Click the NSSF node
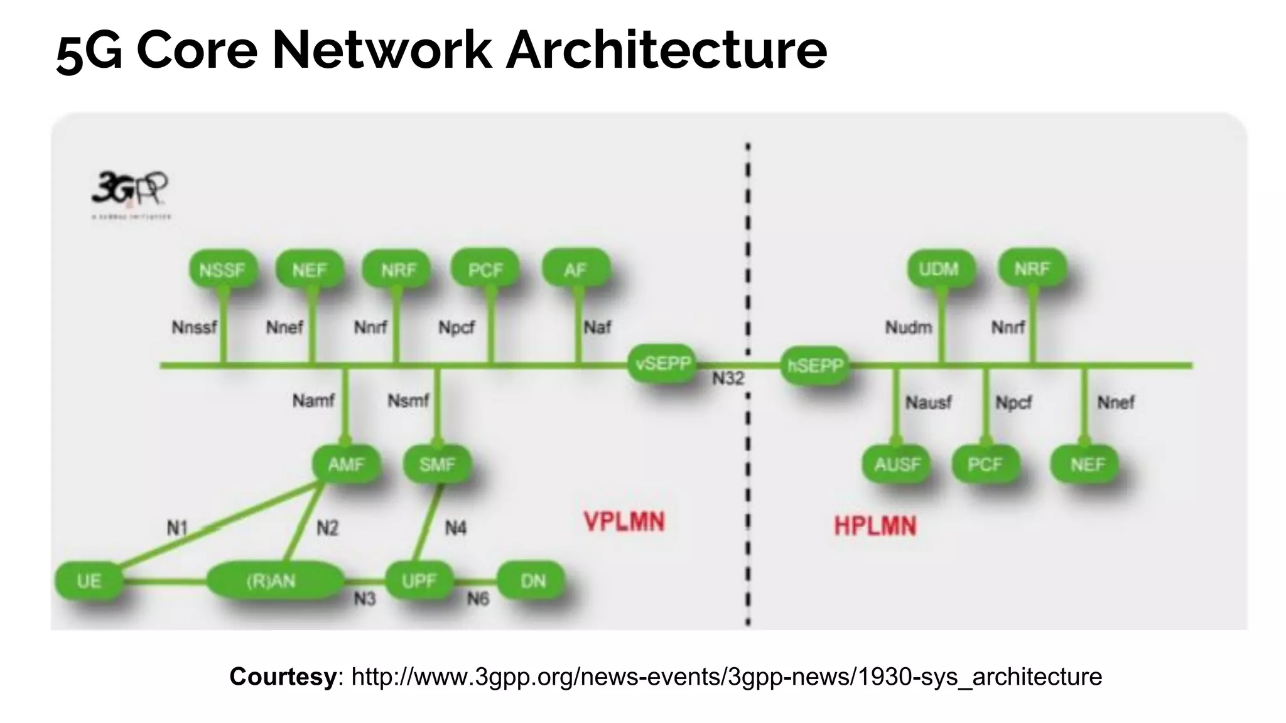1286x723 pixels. (x=222, y=270)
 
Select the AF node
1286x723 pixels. (x=575, y=270)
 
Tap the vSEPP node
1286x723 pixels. (x=662, y=364)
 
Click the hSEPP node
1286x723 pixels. (x=815, y=365)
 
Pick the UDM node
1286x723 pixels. (x=939, y=269)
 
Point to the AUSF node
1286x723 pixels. (x=897, y=464)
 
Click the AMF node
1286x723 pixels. (x=346, y=464)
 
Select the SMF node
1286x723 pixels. (x=437, y=464)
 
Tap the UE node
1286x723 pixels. (x=89, y=581)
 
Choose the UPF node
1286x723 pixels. (x=419, y=581)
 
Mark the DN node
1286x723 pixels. (x=532, y=581)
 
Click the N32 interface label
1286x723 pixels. (x=728, y=378)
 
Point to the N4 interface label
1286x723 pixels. (x=455, y=528)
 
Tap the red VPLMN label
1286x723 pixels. (x=624, y=522)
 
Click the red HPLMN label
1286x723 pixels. (x=875, y=526)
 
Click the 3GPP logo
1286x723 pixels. (x=130, y=190)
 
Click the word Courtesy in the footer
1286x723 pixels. (x=283, y=677)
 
